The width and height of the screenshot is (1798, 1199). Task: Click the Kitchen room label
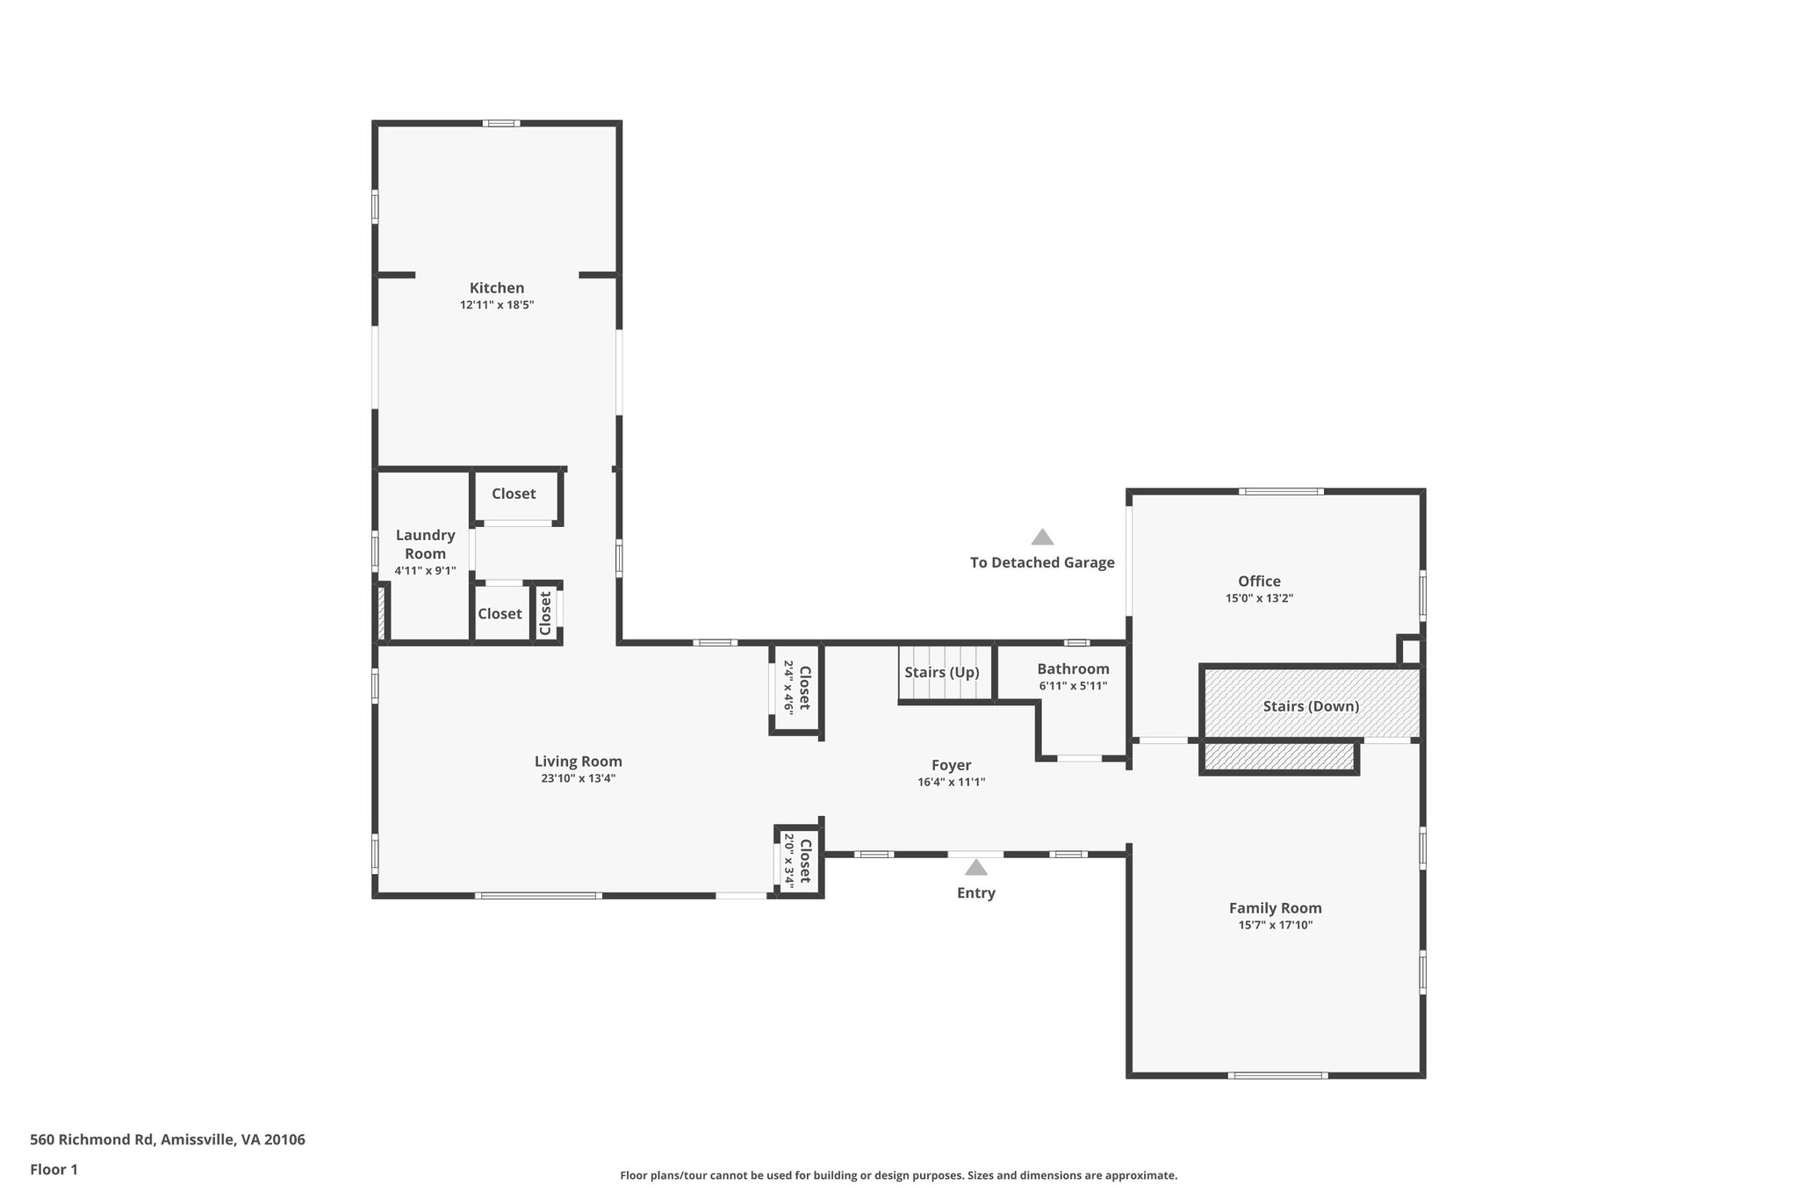coord(497,288)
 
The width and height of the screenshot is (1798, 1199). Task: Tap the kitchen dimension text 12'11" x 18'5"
coord(497,306)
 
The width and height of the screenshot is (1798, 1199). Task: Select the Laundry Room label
coord(425,544)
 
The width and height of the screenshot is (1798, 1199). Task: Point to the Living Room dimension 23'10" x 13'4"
coord(578,778)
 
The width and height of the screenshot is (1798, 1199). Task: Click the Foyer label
coord(951,765)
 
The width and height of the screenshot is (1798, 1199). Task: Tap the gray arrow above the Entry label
coord(975,868)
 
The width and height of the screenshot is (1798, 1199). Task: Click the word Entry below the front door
coord(975,893)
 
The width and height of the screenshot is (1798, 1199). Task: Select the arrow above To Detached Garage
coord(1042,537)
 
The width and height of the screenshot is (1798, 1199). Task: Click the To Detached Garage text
coord(1042,563)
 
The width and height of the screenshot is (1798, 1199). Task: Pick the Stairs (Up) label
coord(941,673)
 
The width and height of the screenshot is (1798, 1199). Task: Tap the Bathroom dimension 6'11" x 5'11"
coord(1073,686)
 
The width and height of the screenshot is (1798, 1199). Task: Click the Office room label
coord(1259,581)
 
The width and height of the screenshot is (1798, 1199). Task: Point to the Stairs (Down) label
coord(1311,706)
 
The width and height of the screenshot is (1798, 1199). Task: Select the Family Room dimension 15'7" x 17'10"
coord(1275,925)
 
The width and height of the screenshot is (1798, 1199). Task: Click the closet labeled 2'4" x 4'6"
coord(796,690)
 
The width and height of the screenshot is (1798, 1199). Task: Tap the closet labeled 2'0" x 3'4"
coord(797,861)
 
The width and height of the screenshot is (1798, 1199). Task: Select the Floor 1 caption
coord(54,1170)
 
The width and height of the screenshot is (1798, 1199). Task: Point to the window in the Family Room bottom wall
coord(1277,1075)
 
